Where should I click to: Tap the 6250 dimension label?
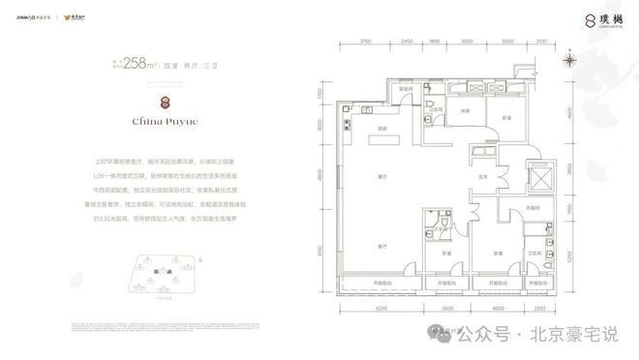381,308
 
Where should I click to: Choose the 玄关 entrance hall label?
481,177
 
